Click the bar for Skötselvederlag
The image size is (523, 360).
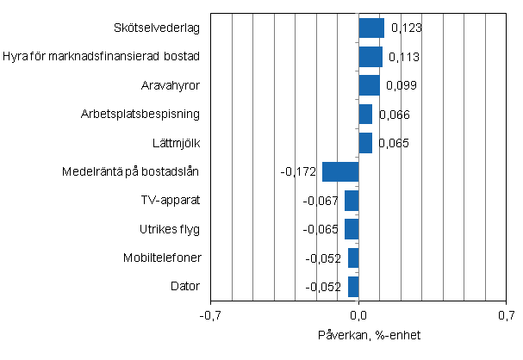[371, 28]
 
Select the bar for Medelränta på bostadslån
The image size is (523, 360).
[340, 171]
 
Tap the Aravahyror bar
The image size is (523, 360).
[369, 85]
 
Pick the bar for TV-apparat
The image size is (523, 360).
[352, 201]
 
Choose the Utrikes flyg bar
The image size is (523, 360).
[352, 229]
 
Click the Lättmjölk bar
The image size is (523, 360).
[365, 143]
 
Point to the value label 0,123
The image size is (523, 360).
[406, 28]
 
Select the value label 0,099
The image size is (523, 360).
[401, 86]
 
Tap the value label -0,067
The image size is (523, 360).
[321, 201]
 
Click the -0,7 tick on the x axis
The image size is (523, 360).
[210, 315]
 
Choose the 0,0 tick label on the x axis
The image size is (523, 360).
[359, 315]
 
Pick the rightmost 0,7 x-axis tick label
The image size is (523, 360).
[507, 315]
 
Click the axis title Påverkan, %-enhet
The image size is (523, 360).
[359, 334]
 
